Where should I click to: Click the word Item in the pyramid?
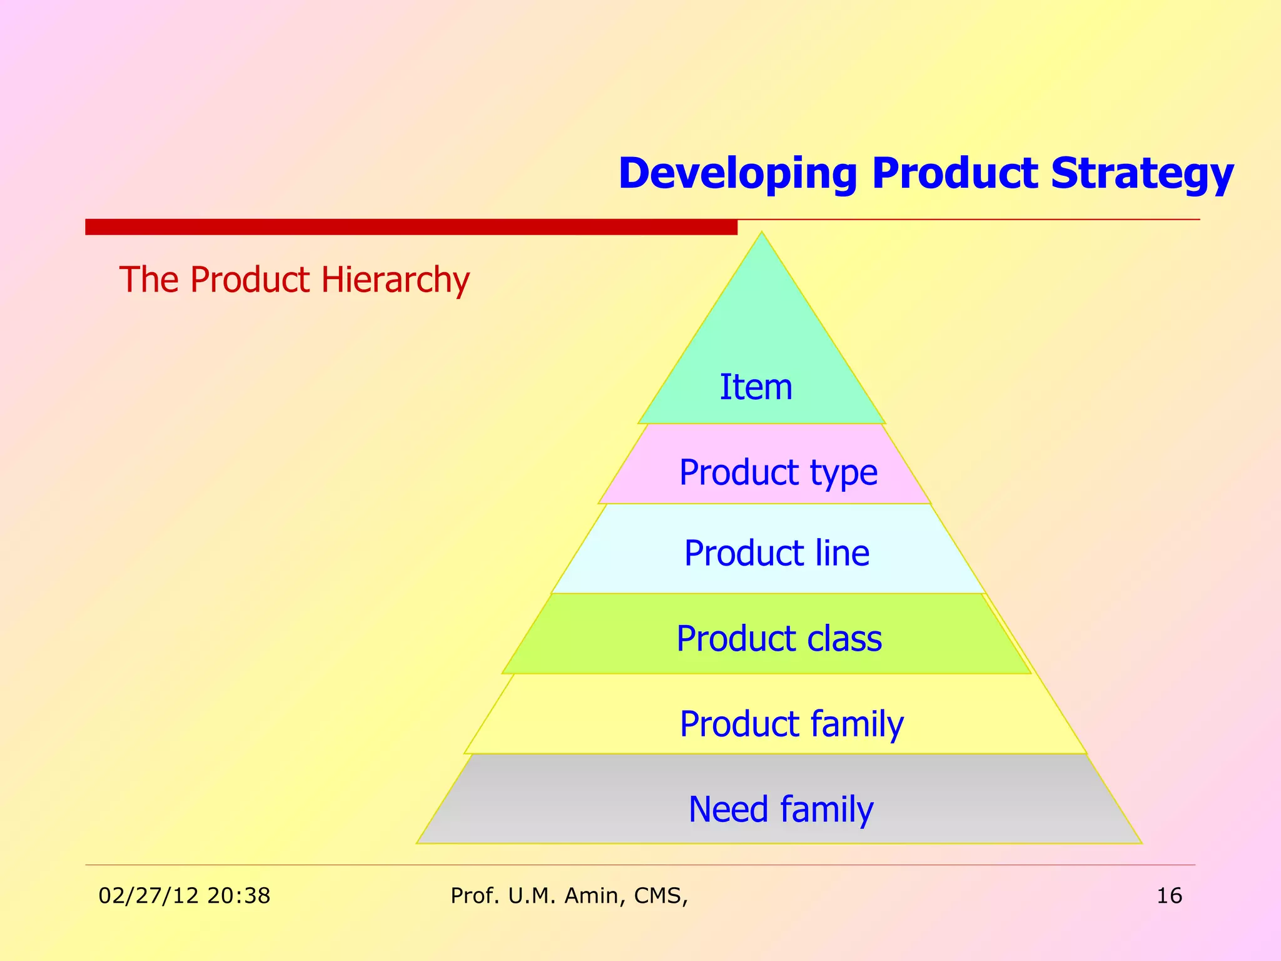(x=756, y=387)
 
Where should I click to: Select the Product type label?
(x=778, y=472)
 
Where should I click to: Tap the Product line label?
(x=776, y=553)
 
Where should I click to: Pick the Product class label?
(x=779, y=639)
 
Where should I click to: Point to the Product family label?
(x=791, y=724)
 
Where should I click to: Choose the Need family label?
(x=781, y=809)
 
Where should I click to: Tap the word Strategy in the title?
(x=1142, y=174)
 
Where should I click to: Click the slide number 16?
(x=1169, y=896)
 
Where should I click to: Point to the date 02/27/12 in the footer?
(x=148, y=896)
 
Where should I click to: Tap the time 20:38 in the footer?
(x=238, y=896)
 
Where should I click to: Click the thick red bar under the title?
(x=411, y=227)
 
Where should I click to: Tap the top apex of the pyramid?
(x=762, y=234)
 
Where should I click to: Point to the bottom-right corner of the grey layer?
(x=1140, y=842)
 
